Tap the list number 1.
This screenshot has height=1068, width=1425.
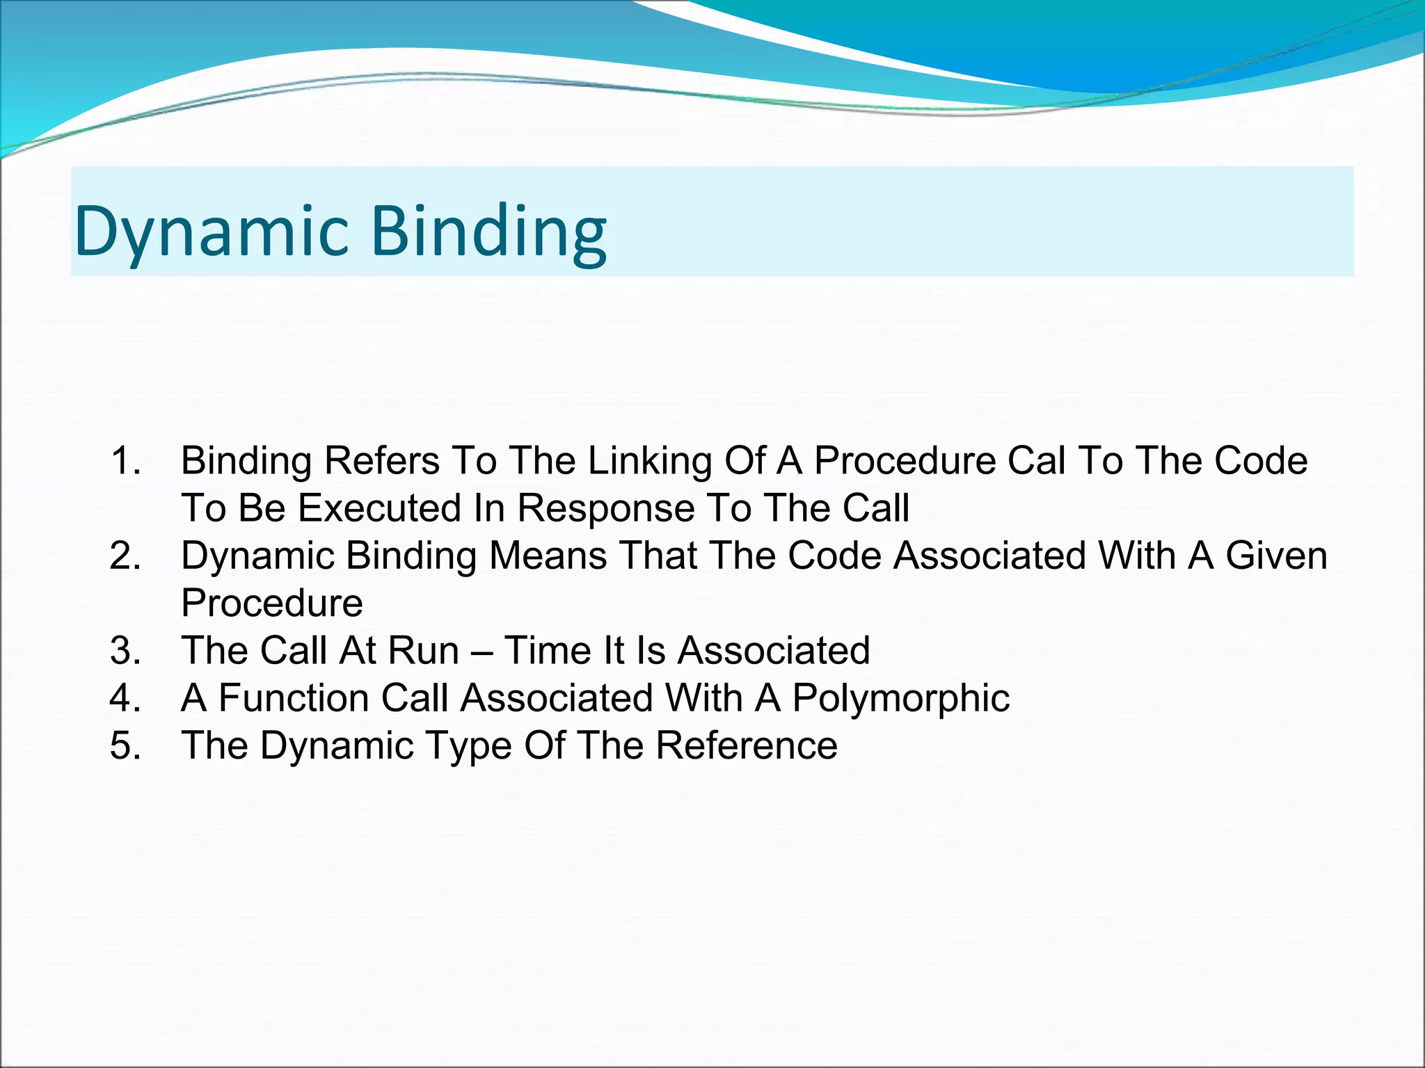125,461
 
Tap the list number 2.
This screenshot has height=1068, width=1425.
125,556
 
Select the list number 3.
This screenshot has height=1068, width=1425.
125,651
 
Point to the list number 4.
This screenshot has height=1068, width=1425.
125,698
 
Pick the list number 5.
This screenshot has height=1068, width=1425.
125,745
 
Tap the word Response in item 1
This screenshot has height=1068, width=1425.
605,508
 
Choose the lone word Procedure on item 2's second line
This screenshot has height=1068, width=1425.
271,604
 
